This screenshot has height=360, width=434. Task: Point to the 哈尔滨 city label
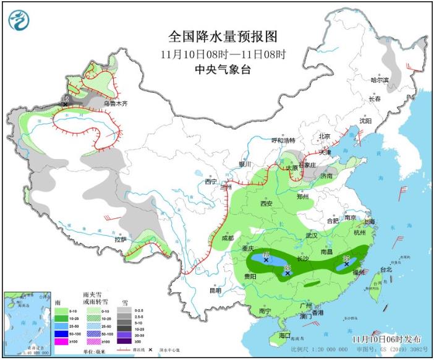point(380,80)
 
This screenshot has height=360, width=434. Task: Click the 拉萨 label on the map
point(121,239)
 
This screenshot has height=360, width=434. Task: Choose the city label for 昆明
point(215,290)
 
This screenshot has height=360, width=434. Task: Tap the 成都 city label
point(227,238)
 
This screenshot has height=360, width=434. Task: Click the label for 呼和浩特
point(284,140)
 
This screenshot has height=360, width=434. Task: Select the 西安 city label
point(266,203)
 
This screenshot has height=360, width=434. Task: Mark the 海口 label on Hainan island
point(284,335)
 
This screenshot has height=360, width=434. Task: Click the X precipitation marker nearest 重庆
point(266,260)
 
